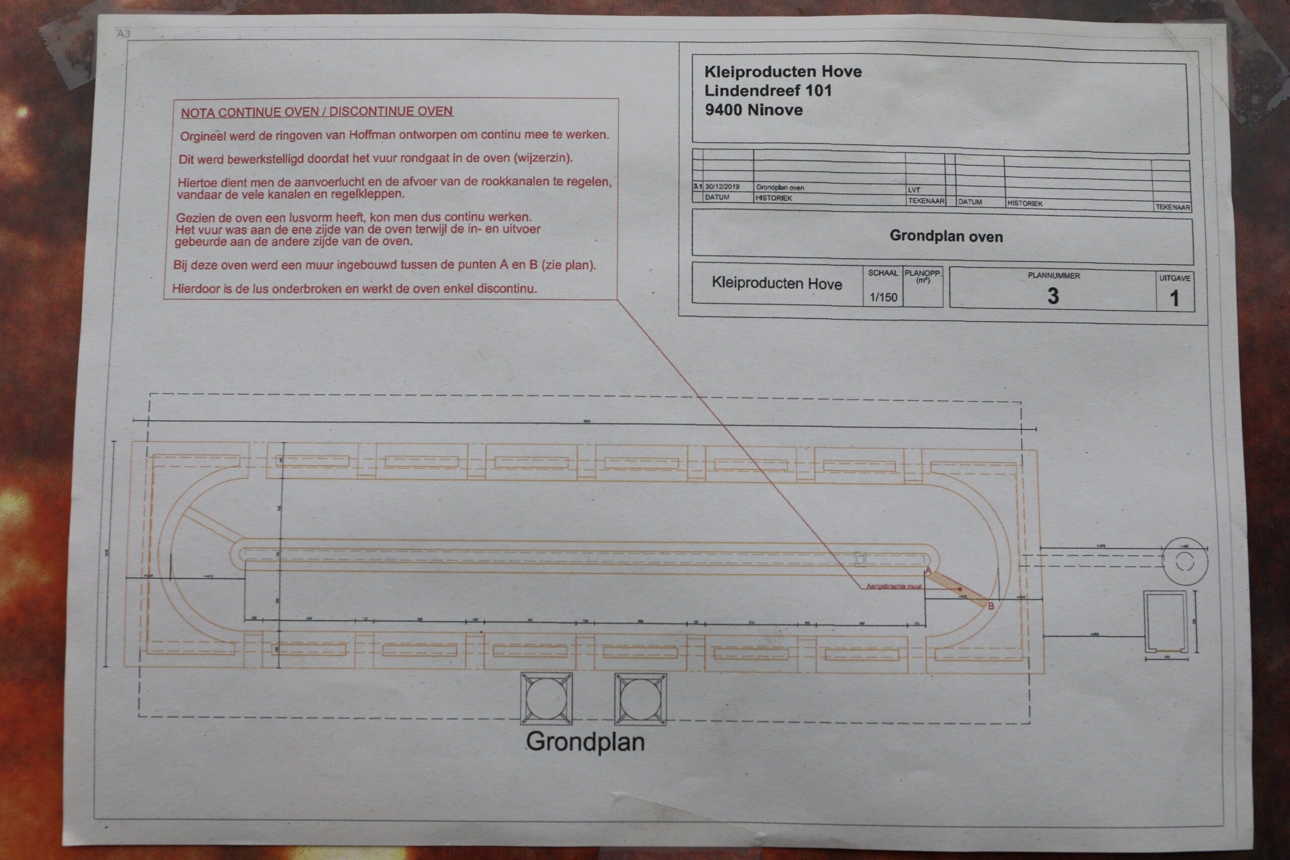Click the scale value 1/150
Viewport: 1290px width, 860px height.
tap(883, 297)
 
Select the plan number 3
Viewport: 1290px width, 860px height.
tap(1053, 296)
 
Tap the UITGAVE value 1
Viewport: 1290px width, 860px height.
tap(1174, 298)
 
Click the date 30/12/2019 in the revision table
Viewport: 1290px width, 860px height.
tap(722, 186)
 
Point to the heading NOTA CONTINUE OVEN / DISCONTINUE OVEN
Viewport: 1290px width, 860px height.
tap(316, 111)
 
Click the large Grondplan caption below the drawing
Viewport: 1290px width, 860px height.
tap(585, 742)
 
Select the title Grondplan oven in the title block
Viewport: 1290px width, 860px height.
tap(946, 236)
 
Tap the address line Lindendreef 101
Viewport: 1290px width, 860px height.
tap(768, 91)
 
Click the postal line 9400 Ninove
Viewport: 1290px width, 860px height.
tap(754, 110)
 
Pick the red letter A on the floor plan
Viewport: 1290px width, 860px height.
tap(928, 571)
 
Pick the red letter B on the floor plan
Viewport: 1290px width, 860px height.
tap(991, 606)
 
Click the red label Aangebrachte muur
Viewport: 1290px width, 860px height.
tap(894, 586)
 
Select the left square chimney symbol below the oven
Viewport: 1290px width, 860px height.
tap(546, 699)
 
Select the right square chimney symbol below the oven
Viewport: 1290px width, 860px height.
tap(640, 699)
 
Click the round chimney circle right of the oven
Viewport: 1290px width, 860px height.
tap(1185, 561)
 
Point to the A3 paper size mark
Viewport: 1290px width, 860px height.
tap(123, 33)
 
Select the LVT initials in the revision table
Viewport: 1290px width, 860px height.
tap(914, 190)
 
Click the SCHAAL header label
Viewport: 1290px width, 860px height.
tap(882, 273)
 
